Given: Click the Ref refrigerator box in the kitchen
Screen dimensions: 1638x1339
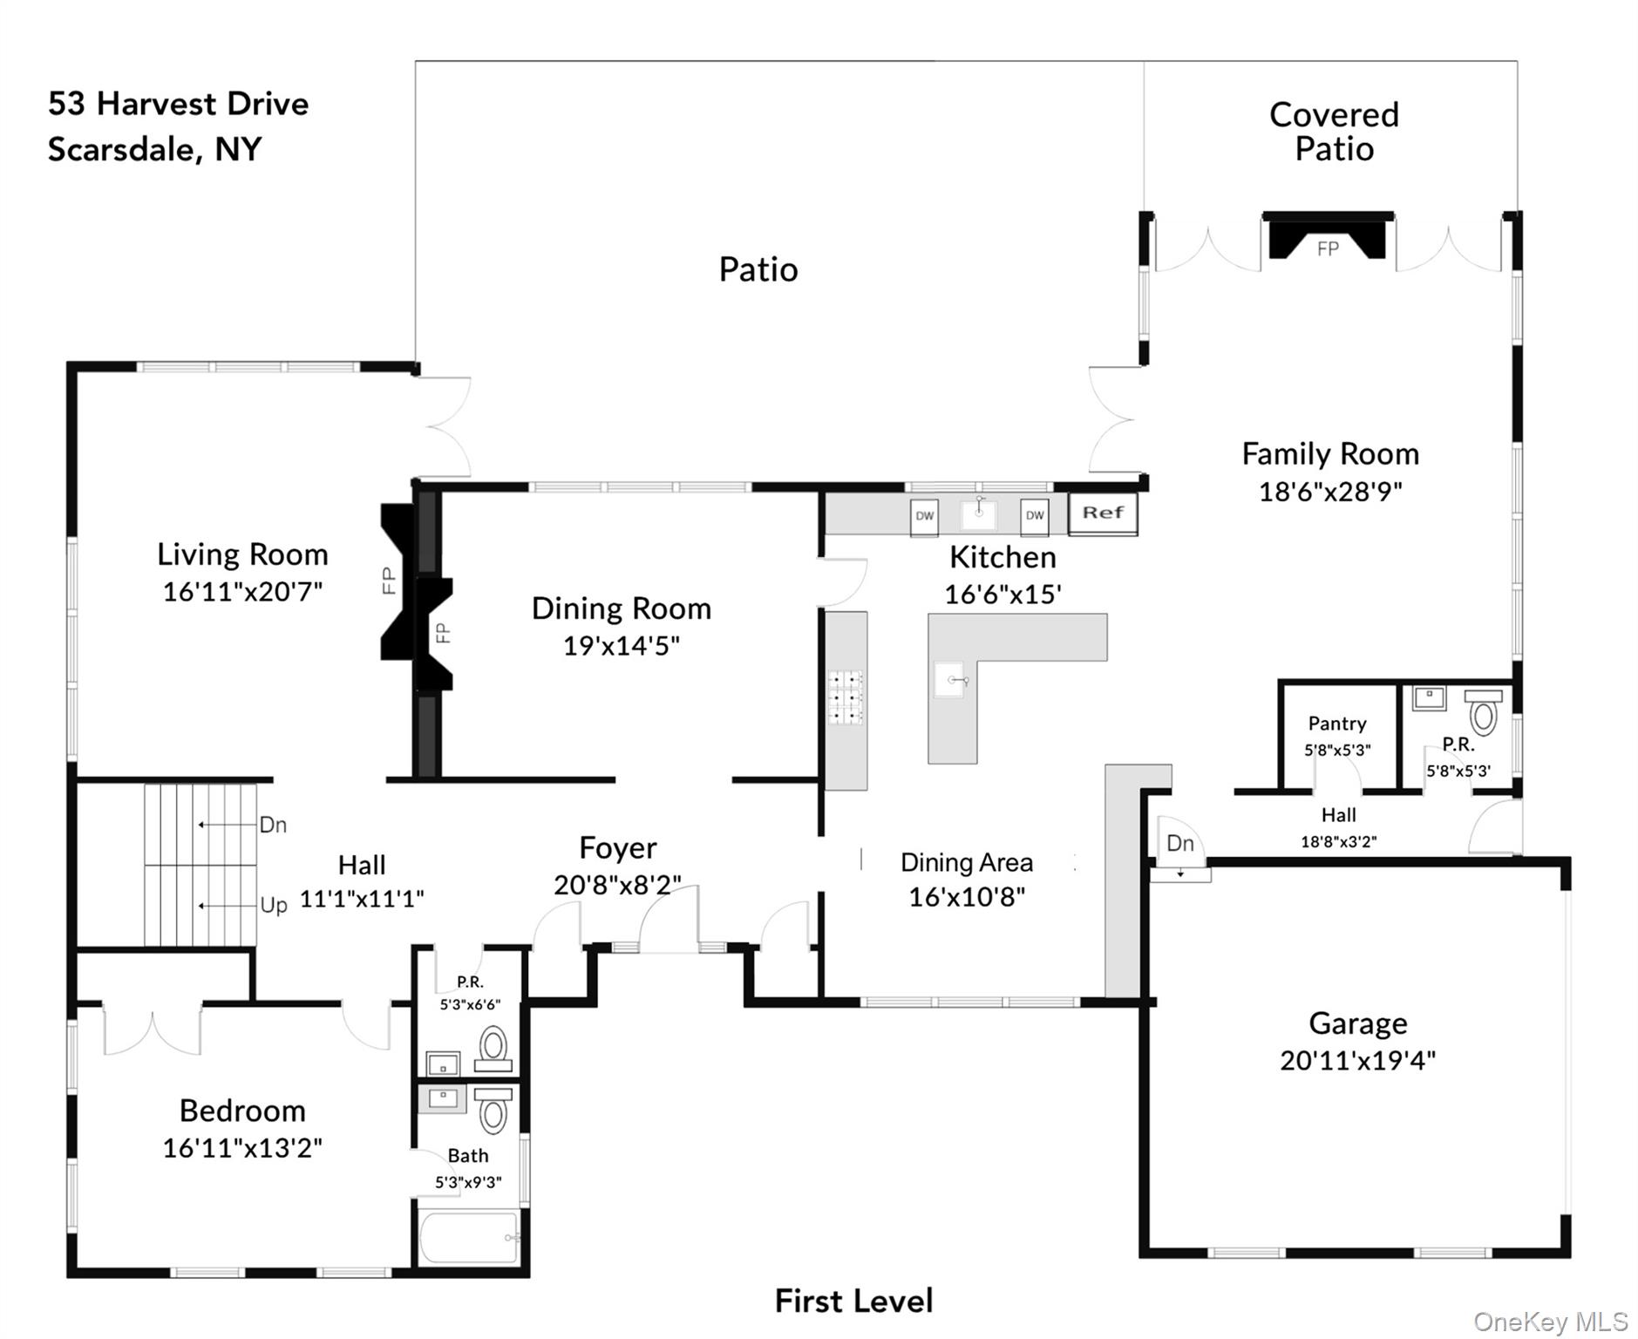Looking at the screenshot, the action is click(x=1103, y=513).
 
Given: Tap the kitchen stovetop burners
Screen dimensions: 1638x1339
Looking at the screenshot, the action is click(x=845, y=697).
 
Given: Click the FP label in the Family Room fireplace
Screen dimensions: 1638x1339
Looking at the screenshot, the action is click(x=1328, y=249).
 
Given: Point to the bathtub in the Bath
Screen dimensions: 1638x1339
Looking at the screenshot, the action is click(x=470, y=1237).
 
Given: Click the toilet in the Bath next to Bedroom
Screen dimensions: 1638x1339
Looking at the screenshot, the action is click(x=493, y=1109).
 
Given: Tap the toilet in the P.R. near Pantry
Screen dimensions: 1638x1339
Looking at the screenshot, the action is click(x=1483, y=711).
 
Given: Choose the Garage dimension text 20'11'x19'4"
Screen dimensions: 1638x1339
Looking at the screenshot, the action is click(x=1357, y=1061).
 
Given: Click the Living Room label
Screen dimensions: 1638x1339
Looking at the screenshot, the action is click(x=242, y=554).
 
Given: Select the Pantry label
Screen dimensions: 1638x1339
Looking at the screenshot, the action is click(x=1337, y=724).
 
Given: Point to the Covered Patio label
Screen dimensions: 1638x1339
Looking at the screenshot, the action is click(x=1334, y=132).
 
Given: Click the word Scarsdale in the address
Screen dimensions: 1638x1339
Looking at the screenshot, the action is click(x=122, y=150).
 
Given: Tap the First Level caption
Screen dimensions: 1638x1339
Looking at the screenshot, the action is click(x=853, y=1302).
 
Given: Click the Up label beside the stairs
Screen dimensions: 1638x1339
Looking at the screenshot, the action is click(x=274, y=905).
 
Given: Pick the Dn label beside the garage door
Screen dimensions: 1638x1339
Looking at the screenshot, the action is click(x=1180, y=843).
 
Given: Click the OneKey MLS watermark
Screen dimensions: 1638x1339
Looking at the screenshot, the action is click(x=1551, y=1322).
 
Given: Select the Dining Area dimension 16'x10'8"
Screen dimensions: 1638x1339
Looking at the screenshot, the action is click(x=967, y=897).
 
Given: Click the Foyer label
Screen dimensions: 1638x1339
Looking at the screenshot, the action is click(x=618, y=848).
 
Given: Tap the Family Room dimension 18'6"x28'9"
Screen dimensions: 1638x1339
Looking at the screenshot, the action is click(x=1330, y=492).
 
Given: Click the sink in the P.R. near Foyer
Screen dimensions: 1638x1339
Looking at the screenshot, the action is click(x=443, y=1064).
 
